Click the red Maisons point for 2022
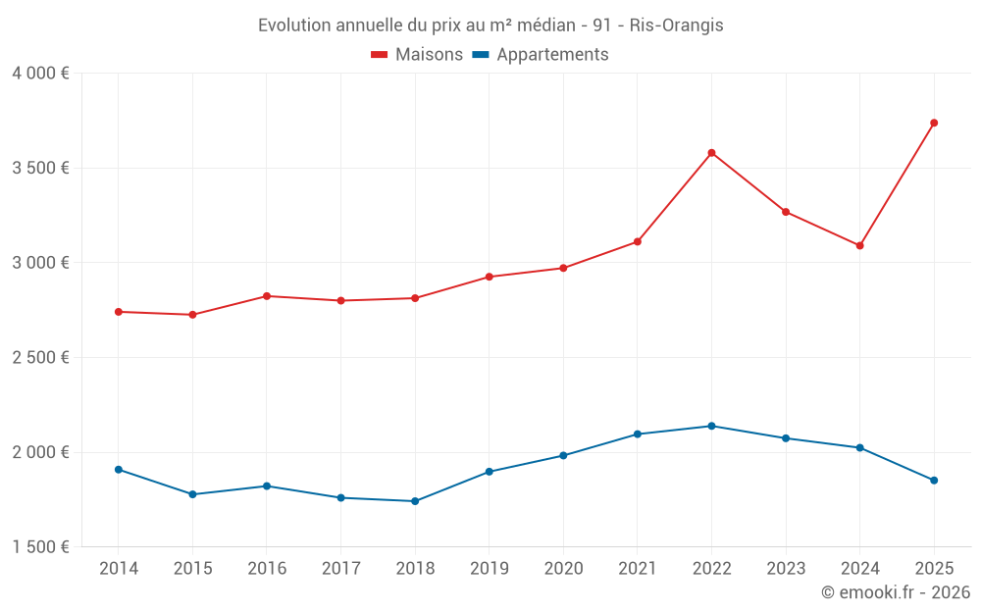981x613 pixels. [x=711, y=153]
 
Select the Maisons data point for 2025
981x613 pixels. [x=934, y=123]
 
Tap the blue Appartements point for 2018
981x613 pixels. [x=415, y=501]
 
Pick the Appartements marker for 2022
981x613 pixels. [x=711, y=426]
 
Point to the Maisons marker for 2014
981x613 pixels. [x=119, y=312]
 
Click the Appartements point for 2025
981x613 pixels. [x=934, y=481]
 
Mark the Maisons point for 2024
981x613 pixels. [x=859, y=245]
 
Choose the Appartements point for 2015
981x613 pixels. [x=192, y=494]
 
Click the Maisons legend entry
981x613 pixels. [x=417, y=55]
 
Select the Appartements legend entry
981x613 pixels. [x=541, y=55]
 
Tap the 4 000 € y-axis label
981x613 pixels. [x=40, y=74]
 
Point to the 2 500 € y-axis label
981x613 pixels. [x=40, y=358]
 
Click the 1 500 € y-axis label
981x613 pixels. [x=40, y=547]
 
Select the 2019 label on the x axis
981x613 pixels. [x=489, y=569]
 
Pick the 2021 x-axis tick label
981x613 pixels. [x=637, y=569]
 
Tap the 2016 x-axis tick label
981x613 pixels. [x=267, y=569]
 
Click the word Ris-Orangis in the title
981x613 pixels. [x=679, y=26]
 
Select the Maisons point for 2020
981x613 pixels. [x=563, y=268]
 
